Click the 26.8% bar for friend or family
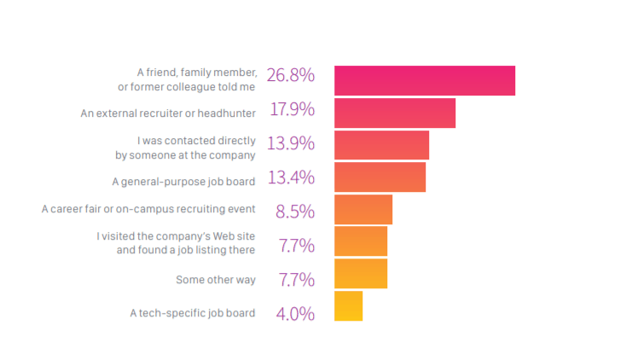tap(424, 80)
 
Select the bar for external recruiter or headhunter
tap(394, 113)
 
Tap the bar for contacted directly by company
tap(381, 145)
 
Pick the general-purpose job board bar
tap(380, 177)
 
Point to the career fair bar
tap(363, 209)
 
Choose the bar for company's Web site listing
tap(360, 241)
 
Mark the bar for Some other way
tap(360, 274)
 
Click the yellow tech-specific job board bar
tap(348, 306)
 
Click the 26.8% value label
tap(290, 75)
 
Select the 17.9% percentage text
tap(292, 109)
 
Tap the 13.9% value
tap(290, 143)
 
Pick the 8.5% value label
tap(294, 212)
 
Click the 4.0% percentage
tap(294, 314)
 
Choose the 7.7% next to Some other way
tap(296, 280)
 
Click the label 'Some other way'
tap(215, 280)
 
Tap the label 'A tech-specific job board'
tap(192, 313)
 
